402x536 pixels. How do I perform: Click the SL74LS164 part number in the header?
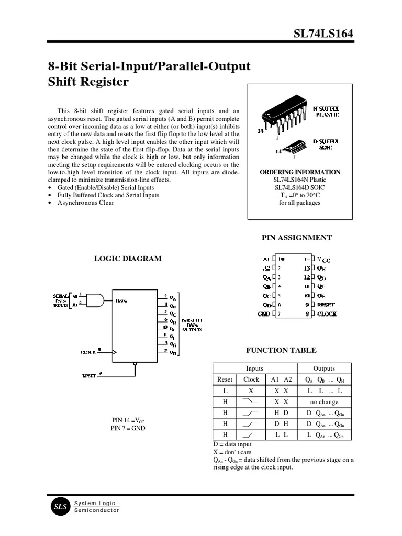point(323,34)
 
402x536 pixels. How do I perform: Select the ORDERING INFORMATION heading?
point(300,172)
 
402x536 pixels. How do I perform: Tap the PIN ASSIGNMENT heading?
point(296,238)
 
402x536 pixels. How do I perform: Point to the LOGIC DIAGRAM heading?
point(127,258)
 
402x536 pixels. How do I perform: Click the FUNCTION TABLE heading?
point(281,350)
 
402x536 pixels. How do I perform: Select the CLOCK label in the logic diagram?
point(87,352)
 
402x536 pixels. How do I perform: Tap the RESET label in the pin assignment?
point(326,304)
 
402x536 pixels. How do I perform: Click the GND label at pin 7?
point(264,314)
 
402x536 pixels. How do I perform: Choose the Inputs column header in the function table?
point(254,368)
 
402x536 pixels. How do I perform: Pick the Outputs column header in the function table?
point(324,368)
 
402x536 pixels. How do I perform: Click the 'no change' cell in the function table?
point(325,402)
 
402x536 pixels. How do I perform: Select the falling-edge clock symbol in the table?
point(251,402)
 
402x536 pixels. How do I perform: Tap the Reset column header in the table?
point(224,379)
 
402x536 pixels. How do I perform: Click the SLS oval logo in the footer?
point(58,506)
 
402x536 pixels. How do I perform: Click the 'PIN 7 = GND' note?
point(128,428)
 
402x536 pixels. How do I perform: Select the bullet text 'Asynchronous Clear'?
point(86,203)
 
